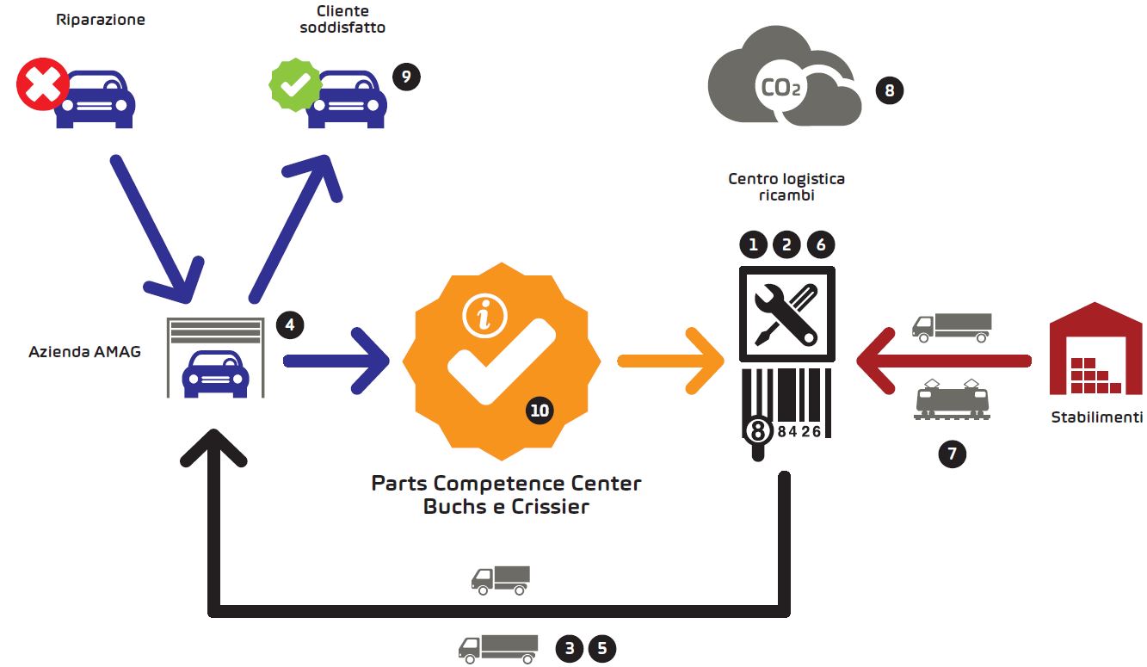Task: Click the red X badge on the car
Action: pyautogui.click(x=42, y=84)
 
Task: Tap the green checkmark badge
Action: pyautogui.click(x=295, y=85)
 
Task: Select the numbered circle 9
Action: pyautogui.click(x=407, y=77)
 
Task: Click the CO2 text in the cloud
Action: pyautogui.click(x=780, y=88)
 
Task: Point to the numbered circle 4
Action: pyautogui.click(x=290, y=324)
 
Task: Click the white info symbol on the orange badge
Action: pyautogui.click(x=484, y=316)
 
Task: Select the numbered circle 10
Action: pyautogui.click(x=540, y=411)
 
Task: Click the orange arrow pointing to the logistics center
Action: pyautogui.click(x=671, y=361)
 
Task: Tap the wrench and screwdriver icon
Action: pyautogui.click(x=787, y=314)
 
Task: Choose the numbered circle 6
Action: pyautogui.click(x=821, y=244)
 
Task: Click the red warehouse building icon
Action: pyautogui.click(x=1095, y=349)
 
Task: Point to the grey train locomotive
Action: pyautogui.click(x=952, y=399)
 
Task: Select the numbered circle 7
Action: pyautogui.click(x=952, y=454)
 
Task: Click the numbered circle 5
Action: pyautogui.click(x=602, y=649)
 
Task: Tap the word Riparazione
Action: pyautogui.click(x=101, y=20)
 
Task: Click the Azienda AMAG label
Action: pyautogui.click(x=84, y=352)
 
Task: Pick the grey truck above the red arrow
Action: pyautogui.click(x=952, y=327)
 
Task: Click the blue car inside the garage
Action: pyautogui.click(x=216, y=374)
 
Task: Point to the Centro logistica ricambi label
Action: pyautogui.click(x=786, y=187)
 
